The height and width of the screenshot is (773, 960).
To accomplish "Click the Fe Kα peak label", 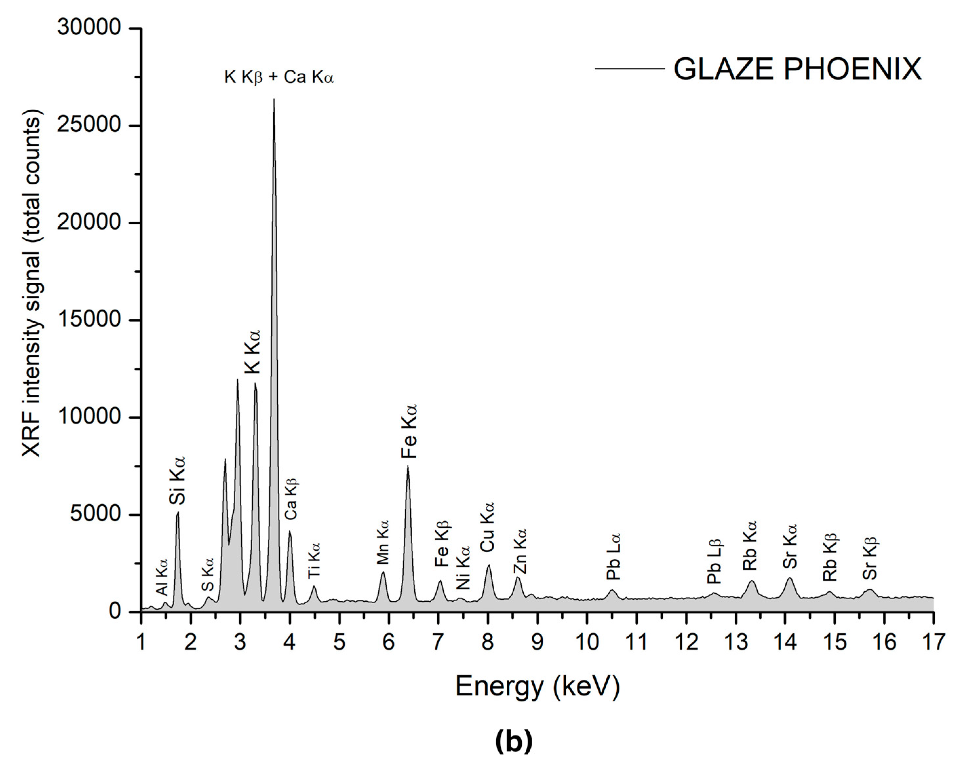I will (x=408, y=431).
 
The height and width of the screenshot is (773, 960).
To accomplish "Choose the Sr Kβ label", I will (x=870, y=558).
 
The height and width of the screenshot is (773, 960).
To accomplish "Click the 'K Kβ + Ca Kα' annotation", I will (x=279, y=77).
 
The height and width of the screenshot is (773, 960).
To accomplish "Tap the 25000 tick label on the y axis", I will (x=89, y=125).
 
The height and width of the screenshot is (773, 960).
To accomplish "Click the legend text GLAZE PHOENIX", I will (x=797, y=69).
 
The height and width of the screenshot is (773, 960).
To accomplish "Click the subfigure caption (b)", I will (x=514, y=741).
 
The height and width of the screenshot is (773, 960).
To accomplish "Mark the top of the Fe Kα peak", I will (x=408, y=466).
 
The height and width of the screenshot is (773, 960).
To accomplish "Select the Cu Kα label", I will (x=487, y=527).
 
